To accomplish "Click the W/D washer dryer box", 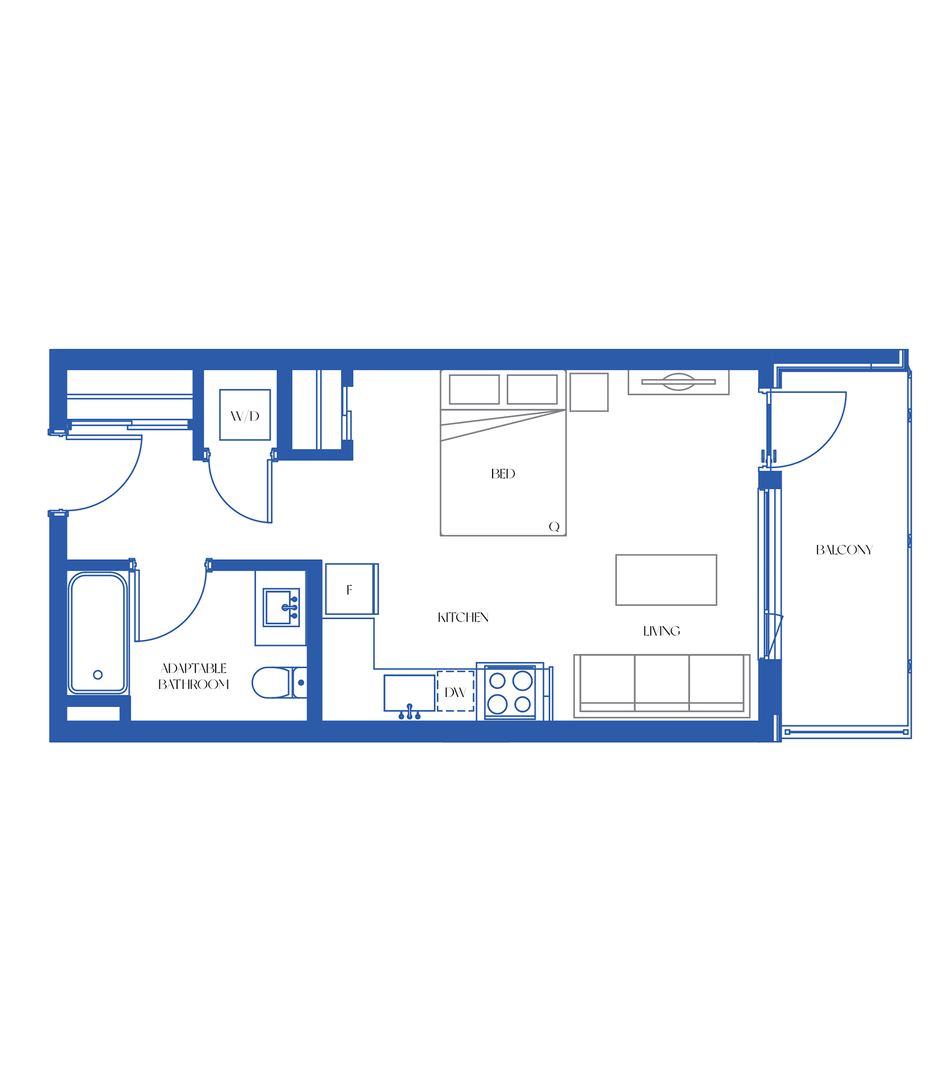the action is (x=245, y=415).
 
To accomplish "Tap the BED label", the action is (x=503, y=474).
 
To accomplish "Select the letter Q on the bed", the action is (x=554, y=526).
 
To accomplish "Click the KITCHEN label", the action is (x=463, y=617).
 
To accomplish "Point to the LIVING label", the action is (x=662, y=631).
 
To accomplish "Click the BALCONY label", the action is (x=844, y=550).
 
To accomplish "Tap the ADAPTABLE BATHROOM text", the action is (x=194, y=676).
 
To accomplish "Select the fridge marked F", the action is (x=351, y=589).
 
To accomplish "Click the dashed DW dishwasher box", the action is (x=456, y=691).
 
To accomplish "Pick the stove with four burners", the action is (x=510, y=692).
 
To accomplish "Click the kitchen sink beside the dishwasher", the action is (x=410, y=693).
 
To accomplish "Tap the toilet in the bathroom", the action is (x=279, y=683).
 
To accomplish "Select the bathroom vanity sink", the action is (x=281, y=607).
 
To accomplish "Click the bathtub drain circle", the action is (x=97, y=675).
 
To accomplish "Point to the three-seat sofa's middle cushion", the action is (x=662, y=683).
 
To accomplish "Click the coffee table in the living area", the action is (x=666, y=580).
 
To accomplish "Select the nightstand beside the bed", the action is (x=589, y=392).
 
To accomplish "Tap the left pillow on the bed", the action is (x=474, y=389).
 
